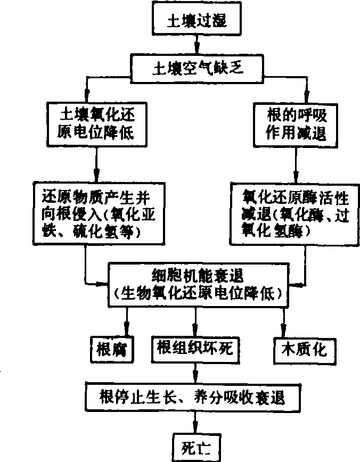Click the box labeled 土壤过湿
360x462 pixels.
[x=197, y=21]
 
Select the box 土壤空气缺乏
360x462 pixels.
[x=197, y=68]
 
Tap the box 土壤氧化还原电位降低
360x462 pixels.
[x=96, y=123]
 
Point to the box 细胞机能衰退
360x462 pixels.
[x=197, y=284]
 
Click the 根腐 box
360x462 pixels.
[x=112, y=348]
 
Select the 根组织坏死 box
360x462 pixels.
[x=197, y=348]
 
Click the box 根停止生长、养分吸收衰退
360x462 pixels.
[x=197, y=397]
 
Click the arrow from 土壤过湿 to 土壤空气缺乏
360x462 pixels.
[x=197, y=45]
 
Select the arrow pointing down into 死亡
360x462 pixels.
[x=197, y=423]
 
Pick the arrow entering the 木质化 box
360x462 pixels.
[x=283, y=322]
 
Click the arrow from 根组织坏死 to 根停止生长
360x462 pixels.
[x=197, y=372]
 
